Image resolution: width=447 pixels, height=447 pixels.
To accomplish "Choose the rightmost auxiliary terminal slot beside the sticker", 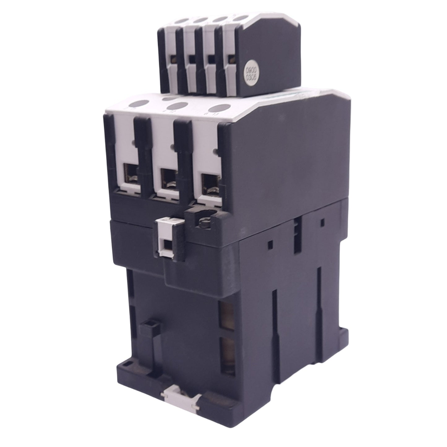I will [x=230, y=58].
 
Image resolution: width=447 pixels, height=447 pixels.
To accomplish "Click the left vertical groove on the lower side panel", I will [x=273, y=311].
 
